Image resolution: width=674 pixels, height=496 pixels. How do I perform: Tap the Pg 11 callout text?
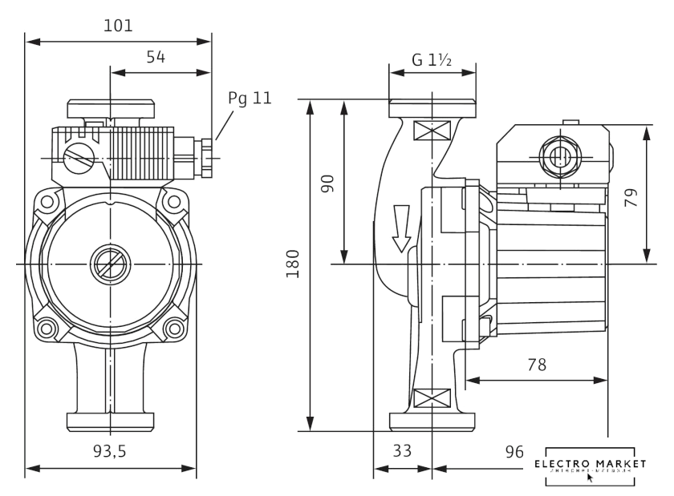tap(250, 98)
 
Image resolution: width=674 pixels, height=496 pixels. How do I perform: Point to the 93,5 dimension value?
tap(110, 451)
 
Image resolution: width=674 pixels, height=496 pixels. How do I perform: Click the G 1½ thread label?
tap(432, 59)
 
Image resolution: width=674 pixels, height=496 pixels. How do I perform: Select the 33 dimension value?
tap(403, 451)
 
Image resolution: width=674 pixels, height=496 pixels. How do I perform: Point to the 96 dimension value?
tap(514, 452)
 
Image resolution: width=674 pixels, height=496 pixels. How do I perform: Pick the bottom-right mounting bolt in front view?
tap(173, 327)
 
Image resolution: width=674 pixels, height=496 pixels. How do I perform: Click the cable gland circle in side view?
tap(557, 154)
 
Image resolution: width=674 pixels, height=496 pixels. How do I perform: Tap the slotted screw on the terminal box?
tap(79, 155)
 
